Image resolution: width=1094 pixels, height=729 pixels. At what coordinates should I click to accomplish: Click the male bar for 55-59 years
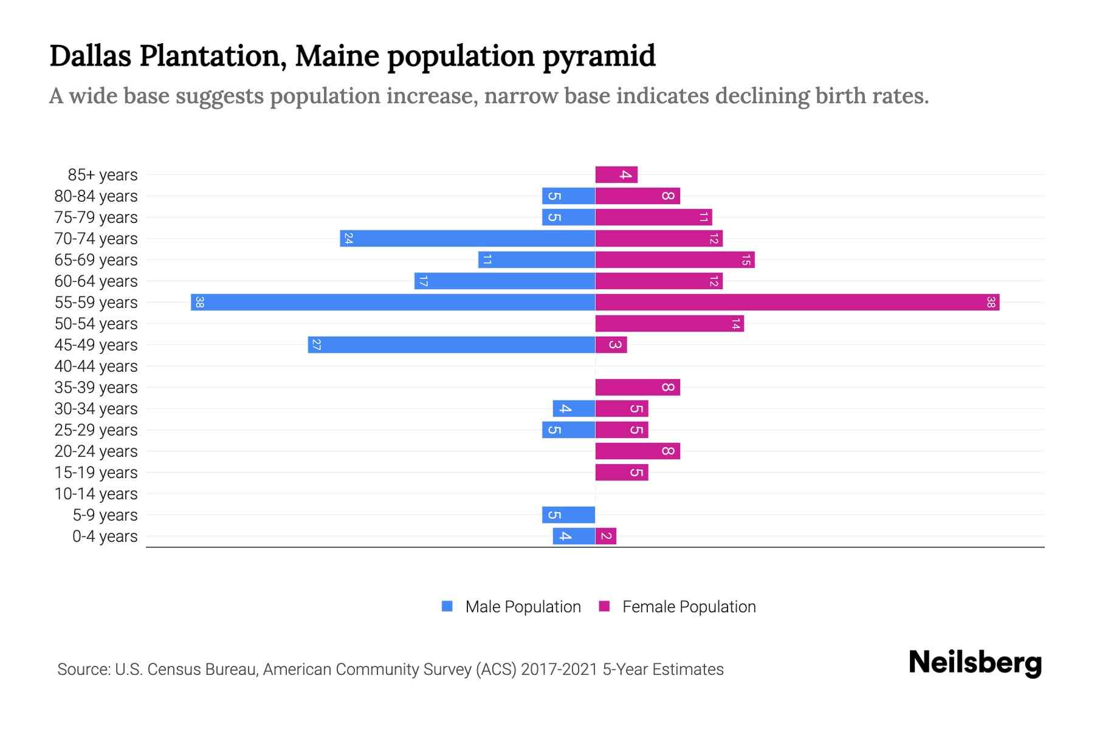pos(393,303)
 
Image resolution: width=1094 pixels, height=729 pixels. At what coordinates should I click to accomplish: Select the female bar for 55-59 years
pos(797,303)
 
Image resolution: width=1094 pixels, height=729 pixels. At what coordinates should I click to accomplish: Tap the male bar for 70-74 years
pos(467,239)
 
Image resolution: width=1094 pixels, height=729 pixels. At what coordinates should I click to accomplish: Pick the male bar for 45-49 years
pos(452,345)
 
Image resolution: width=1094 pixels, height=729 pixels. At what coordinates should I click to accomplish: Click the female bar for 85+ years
pos(616,175)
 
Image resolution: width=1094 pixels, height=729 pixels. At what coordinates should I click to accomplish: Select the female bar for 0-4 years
pos(605,536)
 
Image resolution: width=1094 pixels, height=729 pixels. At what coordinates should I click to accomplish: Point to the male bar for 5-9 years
pos(568,515)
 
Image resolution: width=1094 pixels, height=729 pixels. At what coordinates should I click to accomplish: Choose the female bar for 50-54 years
pos(669,324)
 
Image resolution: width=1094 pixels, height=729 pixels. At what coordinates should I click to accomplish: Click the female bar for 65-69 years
pos(675,260)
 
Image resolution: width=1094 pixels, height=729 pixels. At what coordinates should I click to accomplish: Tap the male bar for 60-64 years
pos(504,281)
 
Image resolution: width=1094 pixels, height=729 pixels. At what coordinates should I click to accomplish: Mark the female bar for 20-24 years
pos(638,451)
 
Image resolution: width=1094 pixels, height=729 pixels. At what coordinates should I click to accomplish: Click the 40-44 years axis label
pos(96,366)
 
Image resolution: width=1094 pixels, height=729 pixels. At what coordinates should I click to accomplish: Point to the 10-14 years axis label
pos(96,494)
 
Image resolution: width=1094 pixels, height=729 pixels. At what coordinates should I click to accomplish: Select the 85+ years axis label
pos(103,175)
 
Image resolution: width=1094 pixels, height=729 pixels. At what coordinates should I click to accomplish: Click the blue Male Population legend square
pos(447,606)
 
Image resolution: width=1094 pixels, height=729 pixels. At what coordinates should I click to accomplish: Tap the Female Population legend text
pos(689,607)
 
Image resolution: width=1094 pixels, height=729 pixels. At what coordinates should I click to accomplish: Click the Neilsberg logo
pos(975,663)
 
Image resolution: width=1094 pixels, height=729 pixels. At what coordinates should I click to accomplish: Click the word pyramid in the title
pos(599,56)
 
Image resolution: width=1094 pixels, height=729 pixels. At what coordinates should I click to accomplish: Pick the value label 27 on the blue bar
pos(316,345)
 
